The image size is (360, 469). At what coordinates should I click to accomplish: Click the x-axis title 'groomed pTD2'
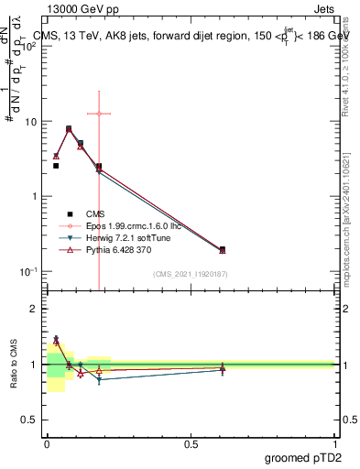pos(304,456)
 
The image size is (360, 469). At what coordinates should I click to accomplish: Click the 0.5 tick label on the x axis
pos(191,442)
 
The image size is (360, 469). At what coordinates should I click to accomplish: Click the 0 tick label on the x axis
pos(47,442)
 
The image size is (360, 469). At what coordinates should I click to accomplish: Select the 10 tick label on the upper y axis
pos(30,121)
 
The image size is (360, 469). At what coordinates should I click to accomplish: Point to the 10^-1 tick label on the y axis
pos(28,271)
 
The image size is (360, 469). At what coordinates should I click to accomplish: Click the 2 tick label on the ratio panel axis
pos(34,309)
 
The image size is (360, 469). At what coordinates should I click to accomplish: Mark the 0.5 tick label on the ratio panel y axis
pos(30,419)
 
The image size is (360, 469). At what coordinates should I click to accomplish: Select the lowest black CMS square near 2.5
pos(56,166)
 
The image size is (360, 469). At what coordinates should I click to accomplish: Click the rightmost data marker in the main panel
pos(222,249)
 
